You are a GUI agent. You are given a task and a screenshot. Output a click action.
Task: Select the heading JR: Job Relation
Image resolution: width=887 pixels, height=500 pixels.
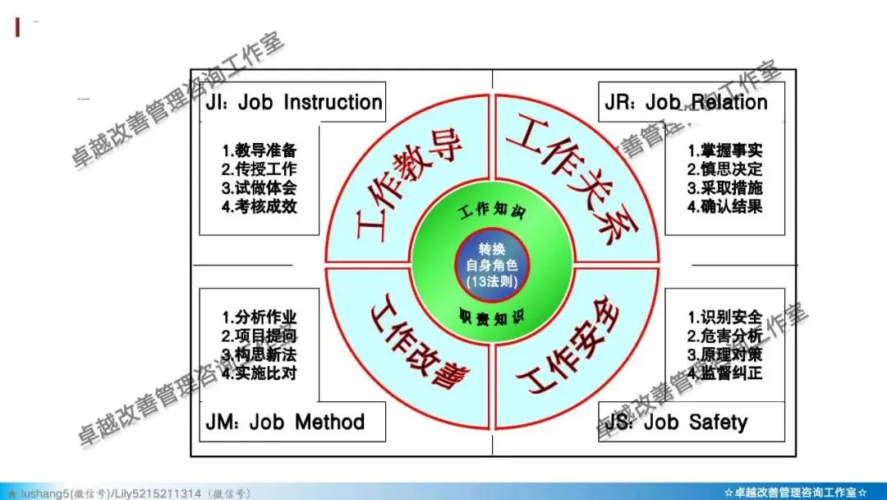coord(686,103)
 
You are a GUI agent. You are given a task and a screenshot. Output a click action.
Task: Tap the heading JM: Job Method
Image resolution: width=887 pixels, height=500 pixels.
coord(284,423)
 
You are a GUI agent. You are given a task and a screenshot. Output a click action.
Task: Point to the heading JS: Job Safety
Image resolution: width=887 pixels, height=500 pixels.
coord(676,423)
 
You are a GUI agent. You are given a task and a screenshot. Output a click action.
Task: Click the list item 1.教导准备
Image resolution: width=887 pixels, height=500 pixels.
coord(259,151)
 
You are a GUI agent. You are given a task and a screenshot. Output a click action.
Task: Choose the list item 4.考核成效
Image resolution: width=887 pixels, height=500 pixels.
coord(259,206)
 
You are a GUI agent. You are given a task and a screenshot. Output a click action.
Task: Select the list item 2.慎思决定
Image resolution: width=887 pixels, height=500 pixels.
coord(724,169)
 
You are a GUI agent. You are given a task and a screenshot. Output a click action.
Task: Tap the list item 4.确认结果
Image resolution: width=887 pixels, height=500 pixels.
coord(724,206)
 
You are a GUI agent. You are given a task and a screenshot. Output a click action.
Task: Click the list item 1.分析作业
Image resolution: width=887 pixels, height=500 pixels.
coord(259,317)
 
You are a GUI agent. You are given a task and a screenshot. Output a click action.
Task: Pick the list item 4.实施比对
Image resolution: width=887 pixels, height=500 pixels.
coord(259,373)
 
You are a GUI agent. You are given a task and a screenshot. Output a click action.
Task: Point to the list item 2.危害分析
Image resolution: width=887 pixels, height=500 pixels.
coord(724,336)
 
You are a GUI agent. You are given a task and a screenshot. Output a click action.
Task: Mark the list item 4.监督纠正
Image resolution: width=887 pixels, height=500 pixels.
coord(724,373)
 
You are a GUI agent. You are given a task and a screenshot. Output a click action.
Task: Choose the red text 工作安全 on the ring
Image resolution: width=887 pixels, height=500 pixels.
coord(568,346)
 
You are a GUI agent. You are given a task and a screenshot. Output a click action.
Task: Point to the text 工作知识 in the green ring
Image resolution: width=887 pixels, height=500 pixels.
coord(492,211)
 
